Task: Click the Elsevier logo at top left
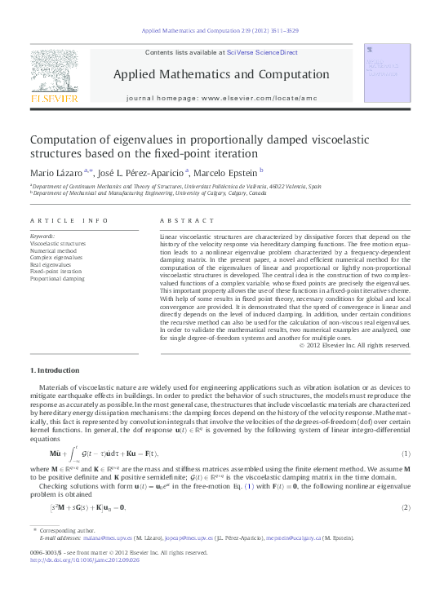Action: pos(54,78)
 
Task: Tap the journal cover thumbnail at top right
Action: pos(387,78)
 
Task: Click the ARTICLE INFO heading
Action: pos(69,221)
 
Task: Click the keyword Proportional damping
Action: pos(57,279)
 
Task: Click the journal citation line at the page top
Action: pos(220,30)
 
